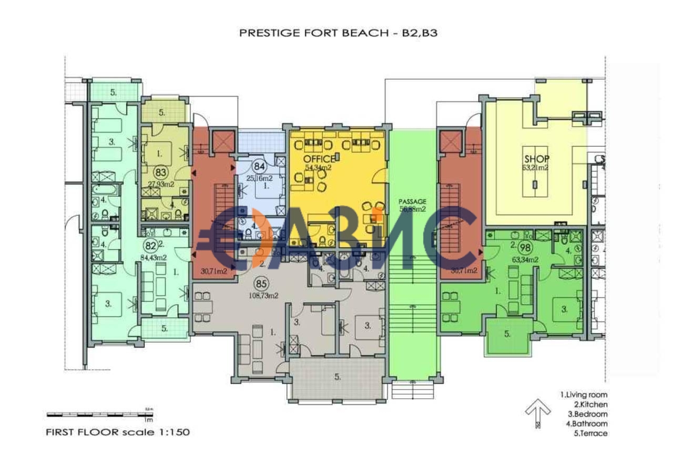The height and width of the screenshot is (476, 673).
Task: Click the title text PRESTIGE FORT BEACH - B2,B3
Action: [339, 33]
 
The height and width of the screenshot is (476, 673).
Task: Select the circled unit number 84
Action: [258, 167]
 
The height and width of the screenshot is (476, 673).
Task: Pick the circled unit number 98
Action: [524, 248]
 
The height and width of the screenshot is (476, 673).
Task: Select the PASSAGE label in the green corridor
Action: [412, 201]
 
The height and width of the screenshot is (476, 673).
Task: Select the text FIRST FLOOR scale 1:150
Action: [118, 432]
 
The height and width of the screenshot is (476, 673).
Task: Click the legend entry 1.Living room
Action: [584, 394]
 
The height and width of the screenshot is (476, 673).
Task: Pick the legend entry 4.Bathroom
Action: [587, 423]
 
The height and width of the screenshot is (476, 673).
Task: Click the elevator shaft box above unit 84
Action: [222, 141]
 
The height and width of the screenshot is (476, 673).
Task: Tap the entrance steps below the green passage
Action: [412, 391]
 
